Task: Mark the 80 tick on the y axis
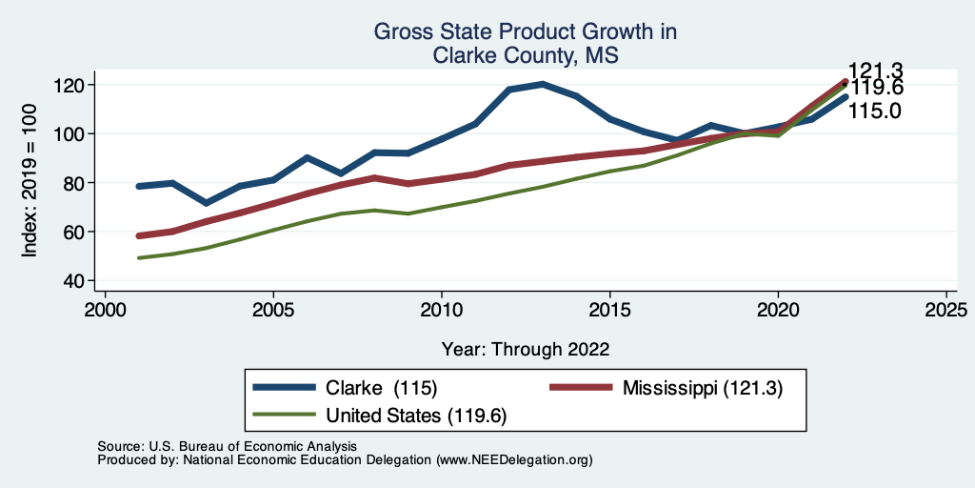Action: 77,183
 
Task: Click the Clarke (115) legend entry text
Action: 381,388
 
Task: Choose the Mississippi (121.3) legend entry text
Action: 702,388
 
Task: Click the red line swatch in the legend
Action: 583,388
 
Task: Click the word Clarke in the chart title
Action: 468,55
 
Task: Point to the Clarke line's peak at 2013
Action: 543,84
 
